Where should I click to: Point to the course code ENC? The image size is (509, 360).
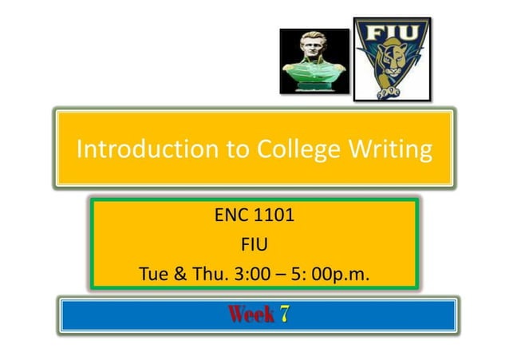point(231,216)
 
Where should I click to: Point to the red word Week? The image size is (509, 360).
point(251,315)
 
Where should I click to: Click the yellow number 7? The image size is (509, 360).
point(285,315)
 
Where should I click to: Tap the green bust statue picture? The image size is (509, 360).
point(314,61)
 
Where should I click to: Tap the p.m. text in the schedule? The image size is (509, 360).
point(354,275)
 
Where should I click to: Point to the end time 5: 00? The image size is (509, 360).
point(319,275)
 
